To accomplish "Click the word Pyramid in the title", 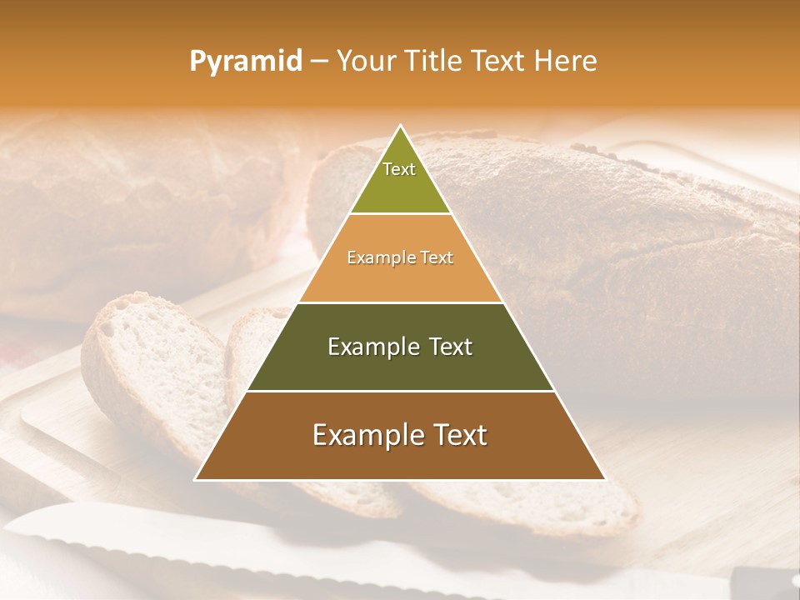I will click(x=245, y=62).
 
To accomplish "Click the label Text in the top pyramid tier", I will click(x=399, y=169).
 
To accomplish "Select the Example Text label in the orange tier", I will click(x=400, y=257).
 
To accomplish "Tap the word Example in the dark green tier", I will click(x=371, y=347).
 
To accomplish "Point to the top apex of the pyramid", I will click(x=401, y=127).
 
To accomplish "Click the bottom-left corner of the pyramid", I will click(x=197, y=479).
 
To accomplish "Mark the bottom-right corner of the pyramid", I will click(x=604, y=479).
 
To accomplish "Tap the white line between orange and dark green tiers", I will click(x=400, y=302).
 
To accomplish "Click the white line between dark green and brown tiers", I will click(x=400, y=391).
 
